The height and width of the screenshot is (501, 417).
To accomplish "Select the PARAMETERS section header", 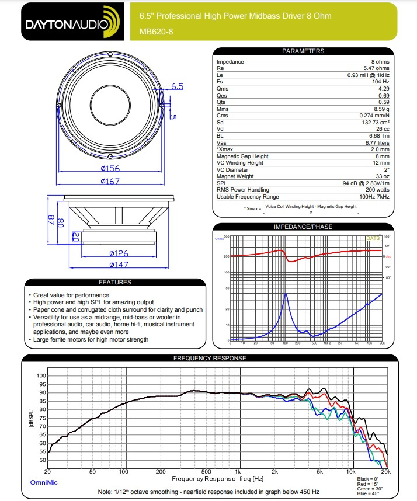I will click(303, 51).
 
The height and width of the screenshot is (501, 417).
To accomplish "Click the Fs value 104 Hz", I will click(379, 81).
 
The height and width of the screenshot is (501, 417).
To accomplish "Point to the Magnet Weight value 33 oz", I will click(382, 176).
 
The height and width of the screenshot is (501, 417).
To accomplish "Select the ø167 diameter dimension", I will click(110, 181).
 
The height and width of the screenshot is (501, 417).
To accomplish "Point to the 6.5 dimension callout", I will click(177, 86).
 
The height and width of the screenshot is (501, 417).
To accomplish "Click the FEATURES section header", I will click(115, 283).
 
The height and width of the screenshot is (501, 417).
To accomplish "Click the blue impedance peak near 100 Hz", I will click(286, 294).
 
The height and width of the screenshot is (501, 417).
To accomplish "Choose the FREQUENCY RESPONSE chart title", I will click(210, 358).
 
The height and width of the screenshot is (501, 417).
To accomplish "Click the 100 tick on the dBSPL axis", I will click(40, 375).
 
